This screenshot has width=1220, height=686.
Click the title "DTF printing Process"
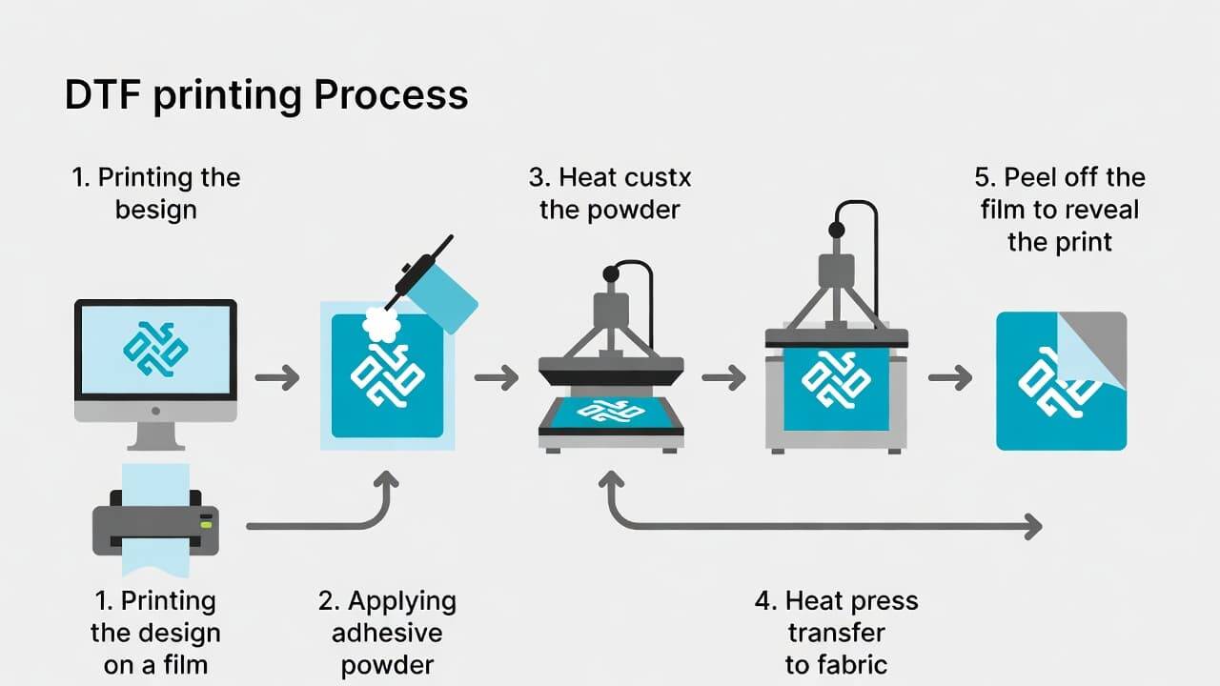coord(266,95)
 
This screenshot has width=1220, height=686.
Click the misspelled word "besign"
coord(155,209)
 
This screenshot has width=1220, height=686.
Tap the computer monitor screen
coord(155,350)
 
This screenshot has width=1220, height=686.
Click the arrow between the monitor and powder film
coord(276,378)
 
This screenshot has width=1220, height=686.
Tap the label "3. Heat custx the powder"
coord(610,192)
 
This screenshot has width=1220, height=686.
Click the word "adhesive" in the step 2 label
coord(387,633)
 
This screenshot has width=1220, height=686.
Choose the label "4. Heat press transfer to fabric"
coord(836,633)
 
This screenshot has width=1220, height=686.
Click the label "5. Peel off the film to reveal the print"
coord(1060,209)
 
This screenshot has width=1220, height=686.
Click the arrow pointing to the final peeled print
coord(949,378)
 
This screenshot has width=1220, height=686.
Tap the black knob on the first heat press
coord(610,273)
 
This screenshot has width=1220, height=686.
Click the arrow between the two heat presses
coord(723,378)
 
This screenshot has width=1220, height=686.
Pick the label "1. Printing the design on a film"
coord(155,633)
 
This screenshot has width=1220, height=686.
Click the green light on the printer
coord(205,519)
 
